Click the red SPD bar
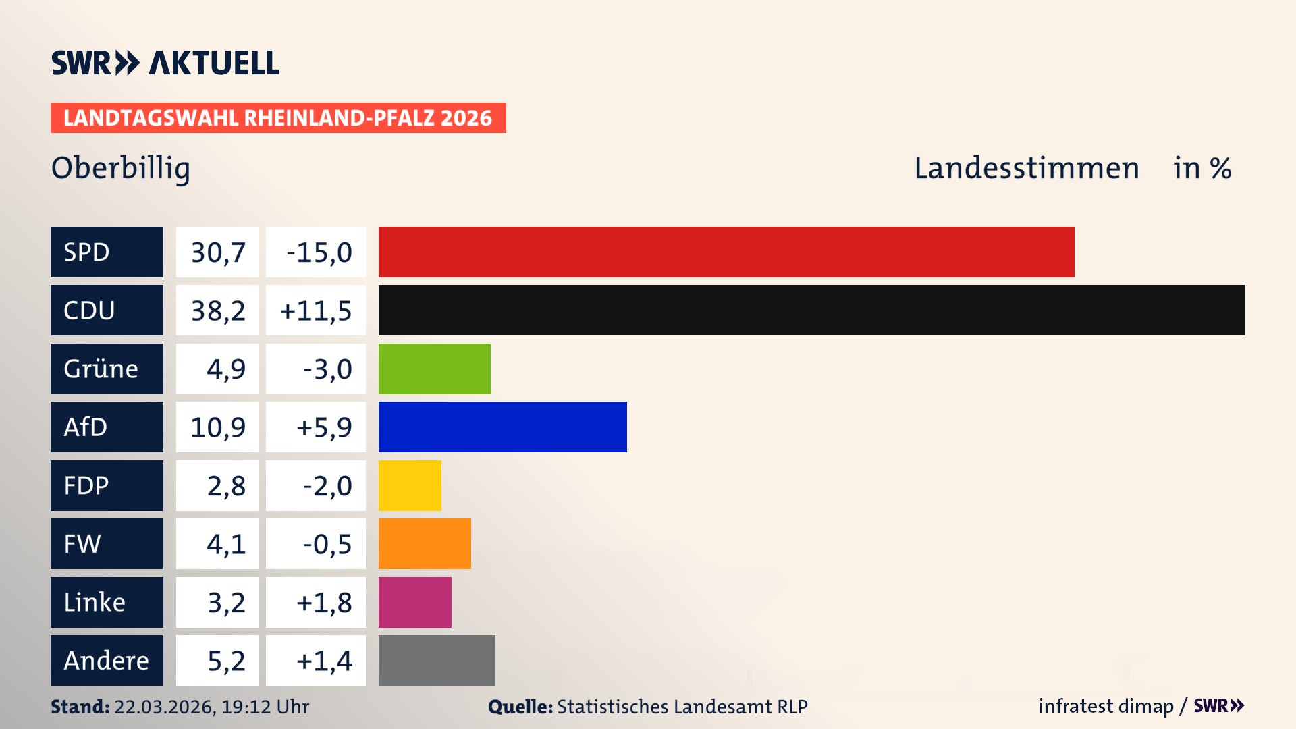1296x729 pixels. click(726, 252)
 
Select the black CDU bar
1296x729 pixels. click(811, 310)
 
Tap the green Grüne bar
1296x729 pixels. click(434, 369)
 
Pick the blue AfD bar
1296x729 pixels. click(502, 427)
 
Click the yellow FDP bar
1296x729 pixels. click(410, 485)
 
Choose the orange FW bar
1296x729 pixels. click(425, 543)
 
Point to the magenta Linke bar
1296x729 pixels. click(414, 602)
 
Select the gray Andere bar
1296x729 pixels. click(437, 660)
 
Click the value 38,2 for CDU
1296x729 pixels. click(217, 310)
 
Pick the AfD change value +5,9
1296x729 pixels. click(323, 427)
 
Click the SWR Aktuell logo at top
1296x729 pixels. click(165, 63)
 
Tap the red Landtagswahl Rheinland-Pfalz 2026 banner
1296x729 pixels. click(277, 118)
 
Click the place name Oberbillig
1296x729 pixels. click(121, 168)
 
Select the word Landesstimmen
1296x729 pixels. click(1026, 168)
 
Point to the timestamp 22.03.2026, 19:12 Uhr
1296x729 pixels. click(211, 707)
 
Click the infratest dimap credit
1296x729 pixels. click(1105, 706)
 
